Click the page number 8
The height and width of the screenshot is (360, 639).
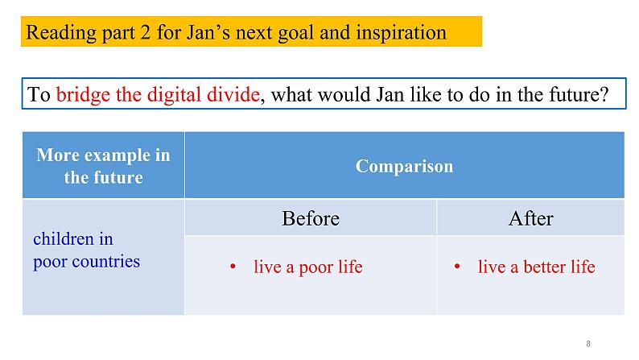pos(588,344)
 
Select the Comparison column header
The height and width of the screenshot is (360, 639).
pos(404,165)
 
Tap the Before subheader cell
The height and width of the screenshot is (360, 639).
pos(311,217)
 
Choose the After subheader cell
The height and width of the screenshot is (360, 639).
pos(530,217)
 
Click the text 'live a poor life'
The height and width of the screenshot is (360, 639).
pos(308,267)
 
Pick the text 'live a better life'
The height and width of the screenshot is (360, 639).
pos(536,267)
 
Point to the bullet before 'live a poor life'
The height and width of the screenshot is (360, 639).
pos(233,267)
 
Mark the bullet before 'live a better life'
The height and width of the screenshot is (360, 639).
pos(457,267)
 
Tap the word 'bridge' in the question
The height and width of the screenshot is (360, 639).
pos(83,95)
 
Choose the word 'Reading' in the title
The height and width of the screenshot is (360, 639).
pos(61,32)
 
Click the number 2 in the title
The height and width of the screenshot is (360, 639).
pos(146,32)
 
